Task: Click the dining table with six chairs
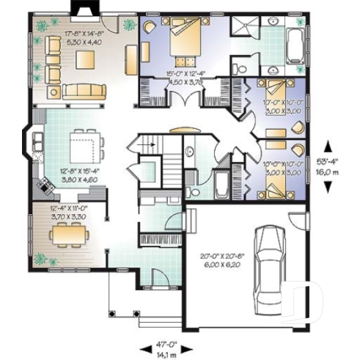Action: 70,235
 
